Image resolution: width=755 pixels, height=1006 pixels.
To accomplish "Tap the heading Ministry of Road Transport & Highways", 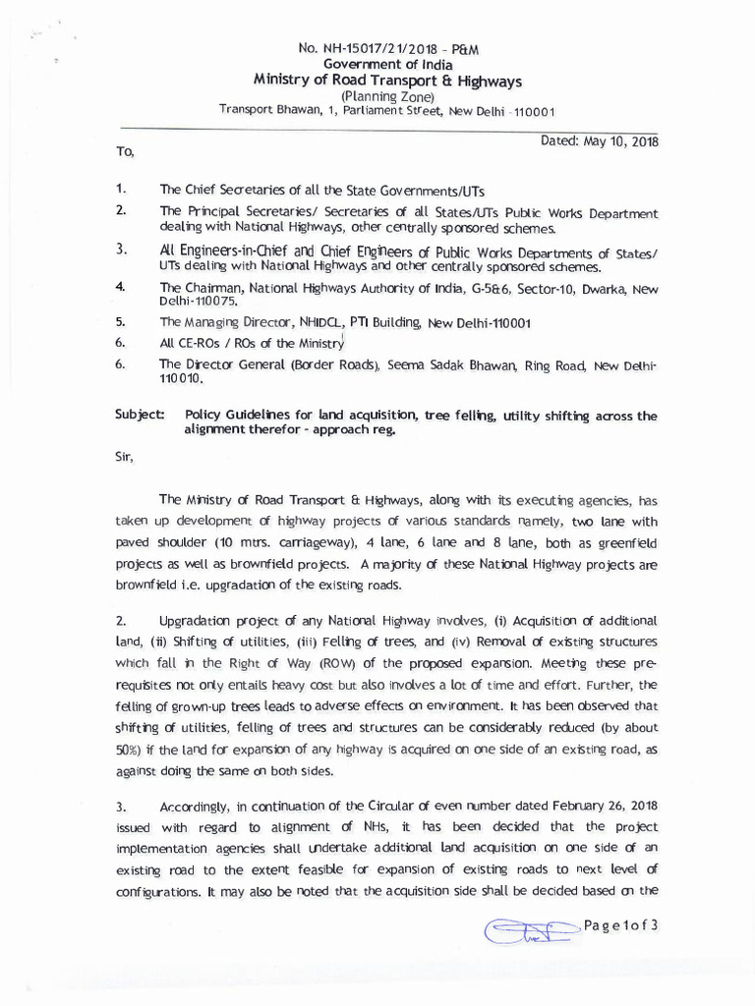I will coord(382,81).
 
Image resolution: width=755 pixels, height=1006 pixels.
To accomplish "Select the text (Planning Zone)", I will coord(381,96).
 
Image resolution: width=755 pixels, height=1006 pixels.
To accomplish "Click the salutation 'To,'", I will coord(124,152).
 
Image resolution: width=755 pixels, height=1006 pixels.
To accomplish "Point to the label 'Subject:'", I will coord(140,417).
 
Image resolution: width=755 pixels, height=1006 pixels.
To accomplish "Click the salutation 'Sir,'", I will coord(125,457).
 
